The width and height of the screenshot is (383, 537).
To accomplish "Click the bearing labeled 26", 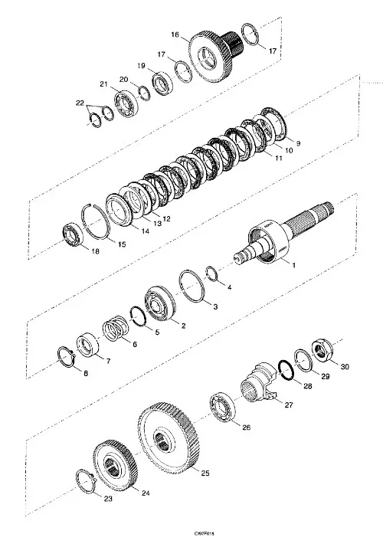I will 221,405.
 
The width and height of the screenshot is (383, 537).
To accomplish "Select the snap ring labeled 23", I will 88,483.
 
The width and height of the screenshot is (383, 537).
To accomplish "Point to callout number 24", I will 145,495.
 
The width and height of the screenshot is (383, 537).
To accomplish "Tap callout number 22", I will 79,103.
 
